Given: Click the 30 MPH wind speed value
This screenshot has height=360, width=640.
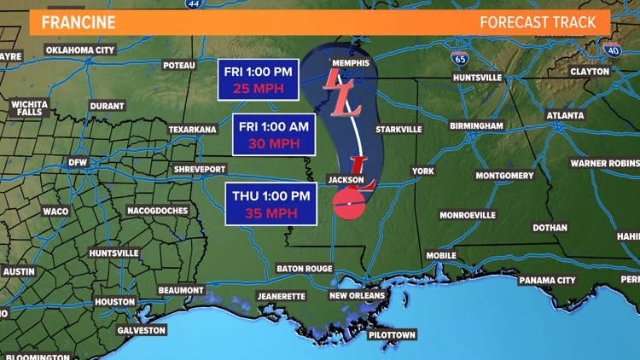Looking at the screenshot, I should pos(274,142).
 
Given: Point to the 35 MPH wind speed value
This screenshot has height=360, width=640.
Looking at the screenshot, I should pos(271,212).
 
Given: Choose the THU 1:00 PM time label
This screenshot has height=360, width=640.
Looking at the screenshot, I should pos(271,195).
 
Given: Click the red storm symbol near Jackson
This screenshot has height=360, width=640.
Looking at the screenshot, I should pos(347,203).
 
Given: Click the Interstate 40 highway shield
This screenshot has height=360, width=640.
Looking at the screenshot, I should pos(611,49).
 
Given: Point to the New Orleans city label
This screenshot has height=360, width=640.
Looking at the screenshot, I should pos(358,295).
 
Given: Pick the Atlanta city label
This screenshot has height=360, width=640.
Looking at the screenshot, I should pos(565,115).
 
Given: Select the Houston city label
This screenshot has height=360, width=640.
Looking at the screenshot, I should pos(114,302).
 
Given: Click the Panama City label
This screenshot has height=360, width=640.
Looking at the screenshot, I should pos(547,280).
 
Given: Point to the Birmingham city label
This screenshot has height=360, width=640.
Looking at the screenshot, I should pos(475,125).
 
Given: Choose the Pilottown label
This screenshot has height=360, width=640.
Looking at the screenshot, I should pos(392,335).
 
